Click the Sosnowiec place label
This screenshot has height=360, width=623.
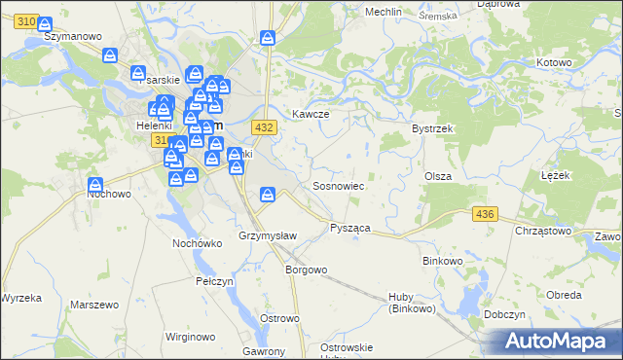coord(338,185)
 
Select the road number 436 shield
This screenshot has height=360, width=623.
coord(483,212)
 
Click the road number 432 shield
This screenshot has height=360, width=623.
coord(263,127)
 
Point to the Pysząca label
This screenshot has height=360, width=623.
coord(350,227)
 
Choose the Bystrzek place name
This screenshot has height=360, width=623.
coord(429,127)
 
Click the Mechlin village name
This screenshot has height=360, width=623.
coord(385,12)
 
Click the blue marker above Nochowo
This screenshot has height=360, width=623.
coord(95,184)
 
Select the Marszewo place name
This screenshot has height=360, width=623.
coord(94,305)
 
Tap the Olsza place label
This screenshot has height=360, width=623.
coord(435,176)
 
